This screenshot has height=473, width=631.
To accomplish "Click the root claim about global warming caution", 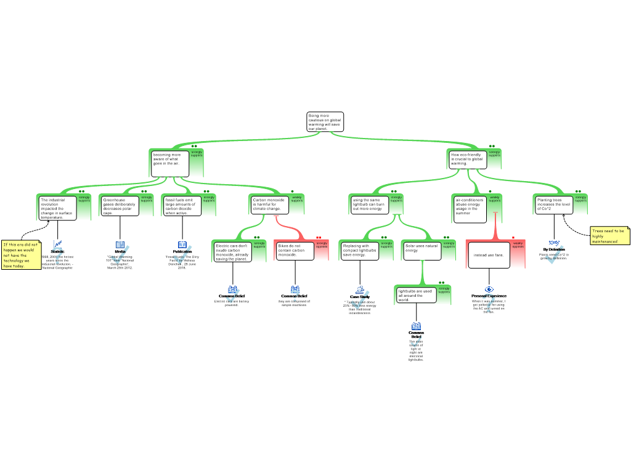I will tap(325, 122).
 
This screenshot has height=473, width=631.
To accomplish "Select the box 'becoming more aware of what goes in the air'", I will tap(170, 163).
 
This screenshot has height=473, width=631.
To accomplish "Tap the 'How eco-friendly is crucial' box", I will tap(467, 160).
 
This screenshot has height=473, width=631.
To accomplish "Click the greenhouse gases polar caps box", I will tap(120, 206).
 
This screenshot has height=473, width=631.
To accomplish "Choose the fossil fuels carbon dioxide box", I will tap(182, 206).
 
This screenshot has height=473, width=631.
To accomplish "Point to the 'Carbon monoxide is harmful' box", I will tap(270, 204).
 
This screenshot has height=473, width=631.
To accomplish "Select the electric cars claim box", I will tap(232, 252).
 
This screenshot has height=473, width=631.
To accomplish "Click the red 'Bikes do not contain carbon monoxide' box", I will tap(294, 251).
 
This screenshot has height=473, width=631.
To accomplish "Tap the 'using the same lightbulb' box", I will tap(369, 204).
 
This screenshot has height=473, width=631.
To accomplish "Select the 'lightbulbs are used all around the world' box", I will tap(416, 295).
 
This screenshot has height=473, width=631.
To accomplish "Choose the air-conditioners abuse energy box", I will tap(471, 207).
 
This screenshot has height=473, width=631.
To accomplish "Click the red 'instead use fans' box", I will tap(489, 255).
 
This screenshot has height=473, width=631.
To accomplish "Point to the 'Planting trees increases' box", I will tap(553, 205).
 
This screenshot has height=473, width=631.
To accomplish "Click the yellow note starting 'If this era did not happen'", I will tap(21, 255).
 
